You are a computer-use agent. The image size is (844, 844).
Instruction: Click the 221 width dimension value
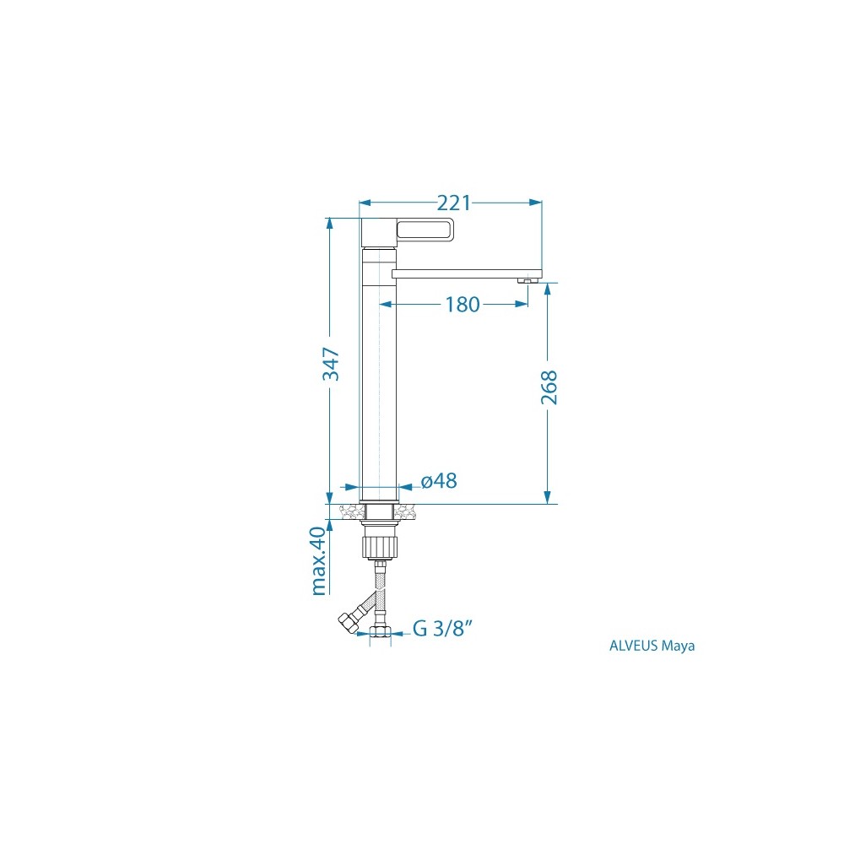pos(453,203)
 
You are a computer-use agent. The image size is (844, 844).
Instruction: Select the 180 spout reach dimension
pos(462,305)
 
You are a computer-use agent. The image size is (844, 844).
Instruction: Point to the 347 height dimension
pos(331,364)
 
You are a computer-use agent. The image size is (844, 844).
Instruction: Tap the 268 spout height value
pos(549,387)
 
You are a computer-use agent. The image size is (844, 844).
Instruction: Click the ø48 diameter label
pos(439,481)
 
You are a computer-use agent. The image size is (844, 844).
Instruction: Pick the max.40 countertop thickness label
pos(319,560)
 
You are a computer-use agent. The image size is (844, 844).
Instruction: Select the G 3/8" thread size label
pos(442,628)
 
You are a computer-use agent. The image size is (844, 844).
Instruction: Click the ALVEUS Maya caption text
pos(652,646)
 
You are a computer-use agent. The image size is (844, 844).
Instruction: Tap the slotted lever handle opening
pos(425,230)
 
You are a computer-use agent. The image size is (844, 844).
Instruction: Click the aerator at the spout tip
pos(527,280)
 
